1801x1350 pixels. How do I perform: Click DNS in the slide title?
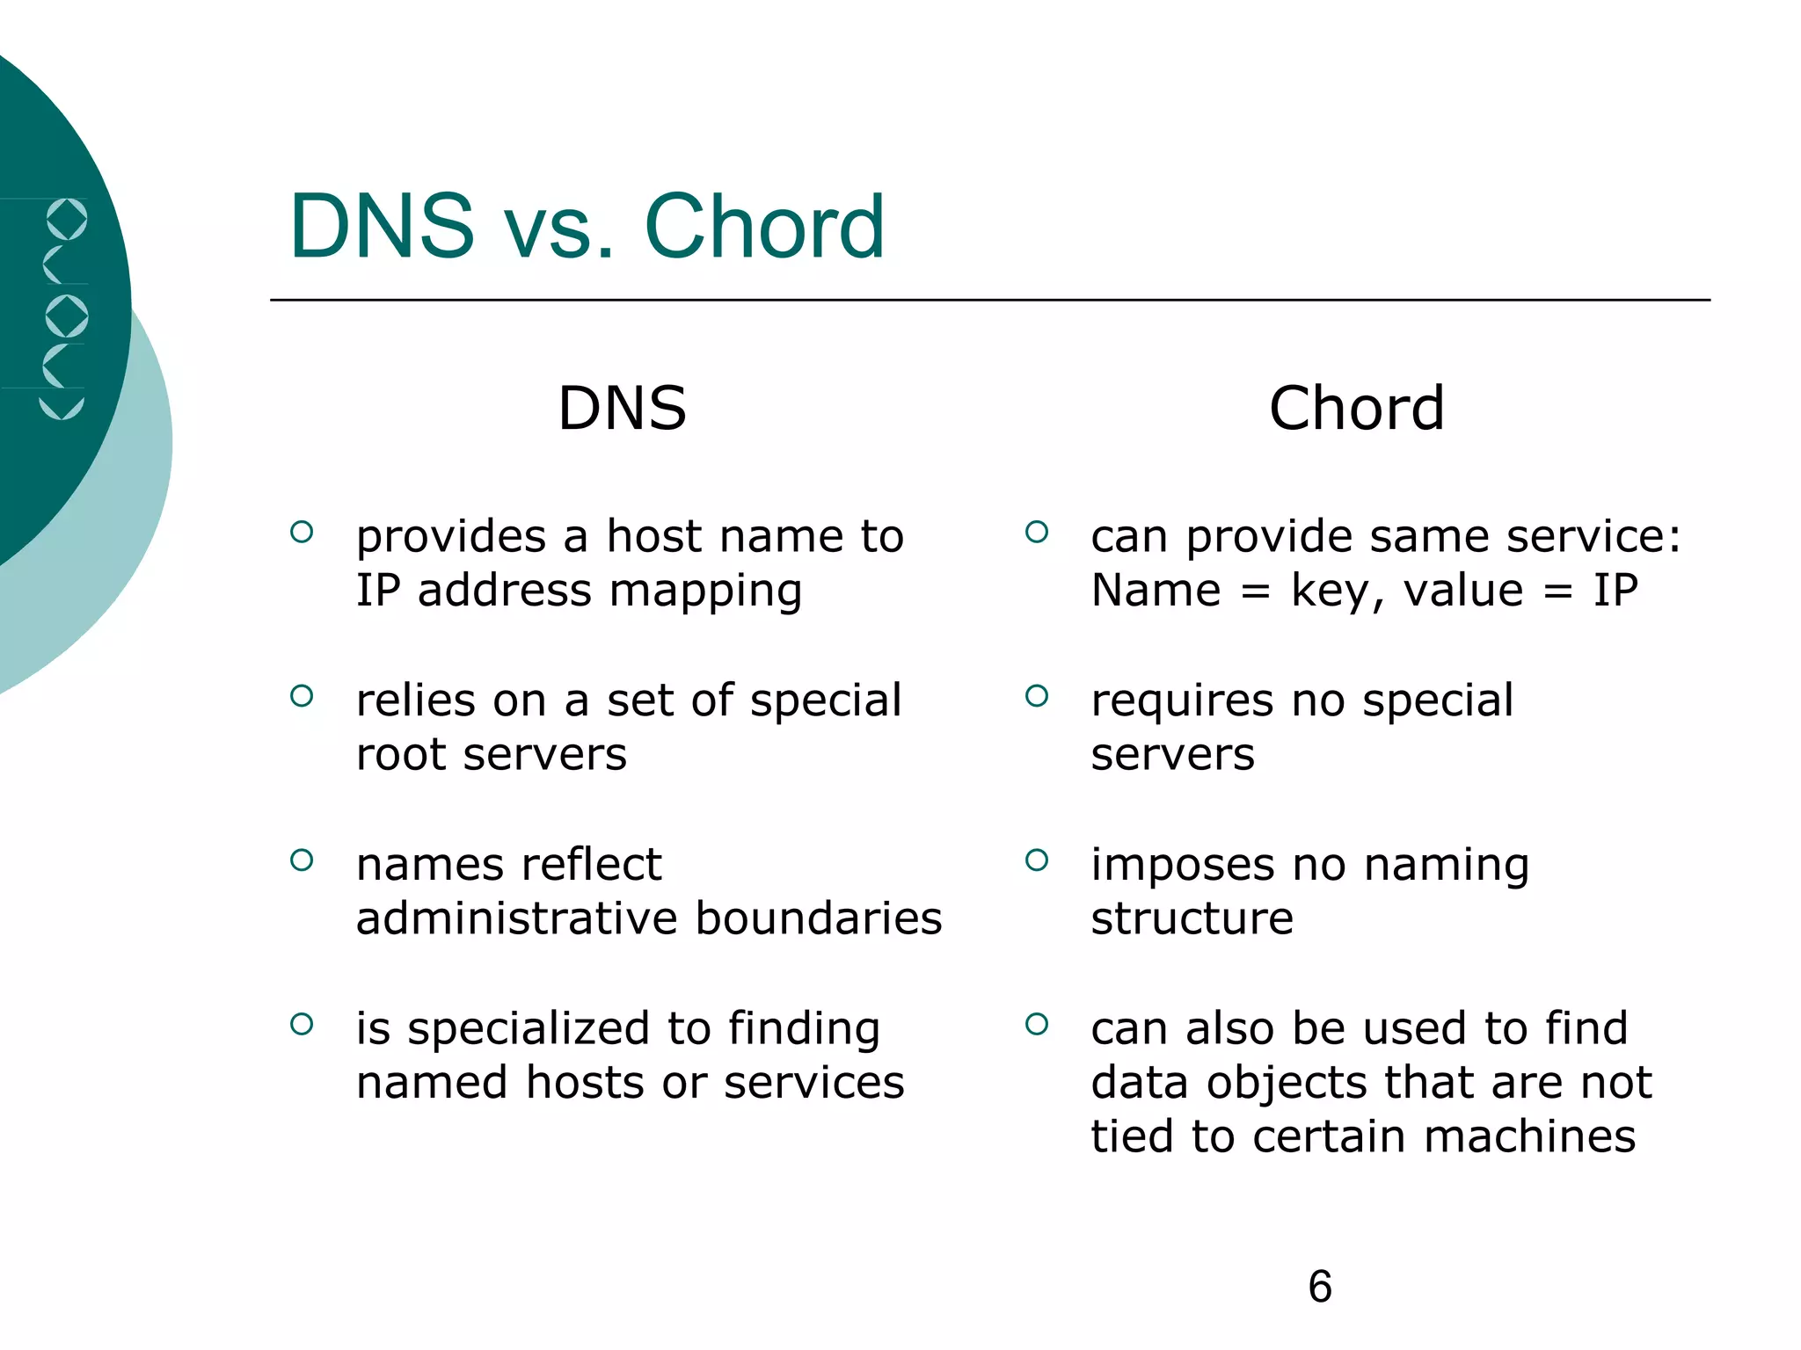[382, 227]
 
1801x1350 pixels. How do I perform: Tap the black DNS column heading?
[622, 409]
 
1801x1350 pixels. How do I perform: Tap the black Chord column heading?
[1356, 409]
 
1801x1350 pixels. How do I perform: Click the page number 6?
[1319, 1287]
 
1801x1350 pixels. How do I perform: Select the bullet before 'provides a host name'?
[302, 532]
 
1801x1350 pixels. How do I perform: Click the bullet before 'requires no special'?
[1037, 696]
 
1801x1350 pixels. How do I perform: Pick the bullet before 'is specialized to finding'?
[302, 1024]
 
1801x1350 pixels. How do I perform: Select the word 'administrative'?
[517, 918]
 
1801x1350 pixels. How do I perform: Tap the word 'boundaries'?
[819, 918]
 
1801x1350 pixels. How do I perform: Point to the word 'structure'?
[1192, 918]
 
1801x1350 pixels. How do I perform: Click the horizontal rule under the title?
[989, 300]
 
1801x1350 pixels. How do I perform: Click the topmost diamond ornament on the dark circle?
[67, 219]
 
